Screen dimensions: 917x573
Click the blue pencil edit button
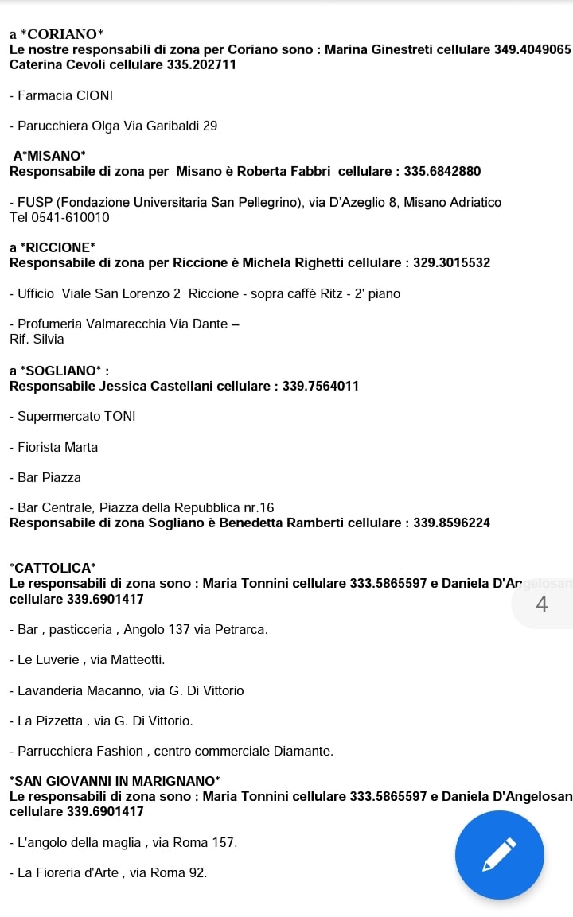coord(499,855)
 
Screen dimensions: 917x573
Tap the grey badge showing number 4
coord(542,604)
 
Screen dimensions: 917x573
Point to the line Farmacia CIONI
coord(61,95)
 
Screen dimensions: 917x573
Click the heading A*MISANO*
coord(49,156)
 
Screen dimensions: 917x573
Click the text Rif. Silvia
coord(37,339)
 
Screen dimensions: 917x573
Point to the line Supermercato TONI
coord(73,416)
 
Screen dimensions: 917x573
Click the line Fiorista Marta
coord(54,447)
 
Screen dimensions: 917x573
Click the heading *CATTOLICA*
coord(53,568)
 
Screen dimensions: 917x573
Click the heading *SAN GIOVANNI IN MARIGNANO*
coord(115,781)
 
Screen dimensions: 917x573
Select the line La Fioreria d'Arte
coord(108,872)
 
